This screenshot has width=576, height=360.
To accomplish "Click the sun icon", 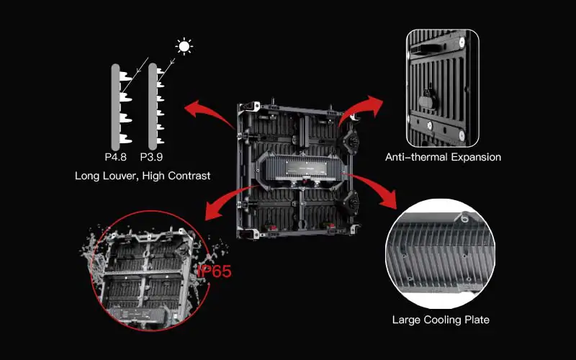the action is pos(184,47).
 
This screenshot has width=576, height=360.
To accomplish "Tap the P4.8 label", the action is pos(116,157).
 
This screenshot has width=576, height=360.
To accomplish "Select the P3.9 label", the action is pos(151,157).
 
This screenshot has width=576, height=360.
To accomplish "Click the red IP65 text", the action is pos(215,271).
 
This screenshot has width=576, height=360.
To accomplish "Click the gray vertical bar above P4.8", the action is pos(115,107).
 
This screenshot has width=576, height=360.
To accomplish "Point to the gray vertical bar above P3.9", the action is pos(153,107).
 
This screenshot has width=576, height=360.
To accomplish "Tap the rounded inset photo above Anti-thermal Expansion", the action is pos(443,89).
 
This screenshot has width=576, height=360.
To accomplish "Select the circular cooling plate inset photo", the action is pos(440,253).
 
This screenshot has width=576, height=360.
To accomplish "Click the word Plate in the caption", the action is pos(477,320).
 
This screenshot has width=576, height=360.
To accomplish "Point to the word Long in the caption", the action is pos(87,176).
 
